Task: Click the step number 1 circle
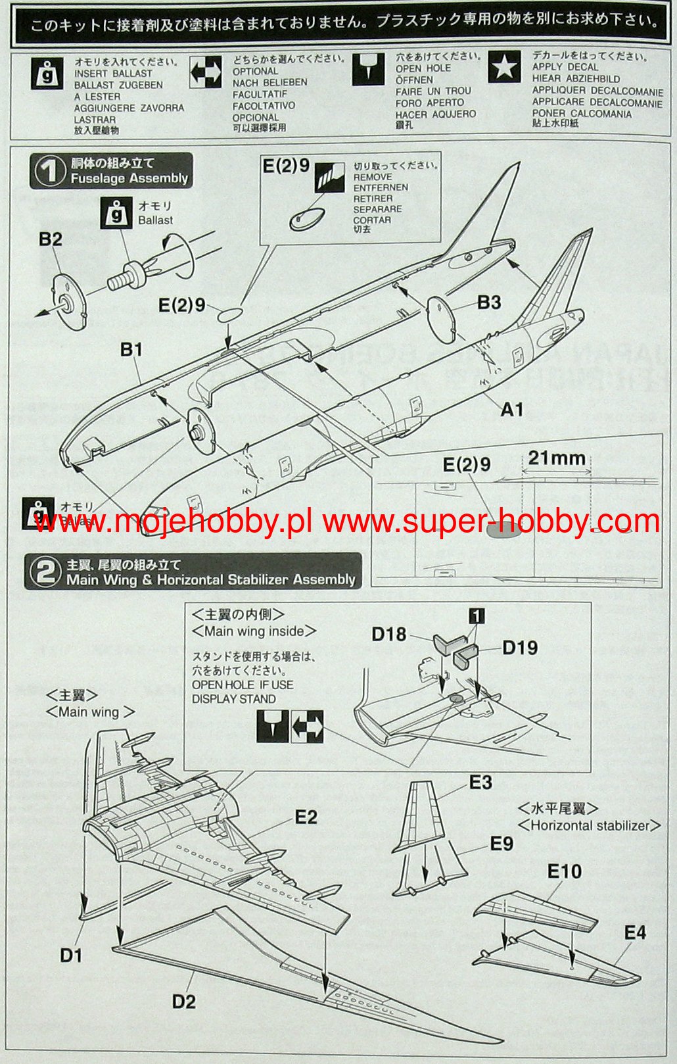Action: [x=49, y=172]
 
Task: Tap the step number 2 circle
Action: [x=45, y=571]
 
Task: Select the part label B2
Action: [x=50, y=239]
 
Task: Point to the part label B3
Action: [x=489, y=302]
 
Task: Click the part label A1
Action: [x=512, y=410]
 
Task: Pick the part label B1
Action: [x=131, y=349]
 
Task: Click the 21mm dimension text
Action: [x=556, y=458]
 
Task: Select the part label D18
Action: [x=389, y=634]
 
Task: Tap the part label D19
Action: [x=520, y=648]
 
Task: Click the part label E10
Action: [x=565, y=871]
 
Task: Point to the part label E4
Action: [x=635, y=932]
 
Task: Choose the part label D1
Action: [x=71, y=955]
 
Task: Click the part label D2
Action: [x=184, y=1002]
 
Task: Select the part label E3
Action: [x=480, y=783]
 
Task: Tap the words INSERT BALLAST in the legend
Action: [x=113, y=74]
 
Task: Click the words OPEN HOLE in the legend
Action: [x=423, y=68]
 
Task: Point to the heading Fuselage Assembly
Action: [x=129, y=178]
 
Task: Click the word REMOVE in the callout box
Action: [x=373, y=177]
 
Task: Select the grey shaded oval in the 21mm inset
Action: [x=504, y=529]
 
